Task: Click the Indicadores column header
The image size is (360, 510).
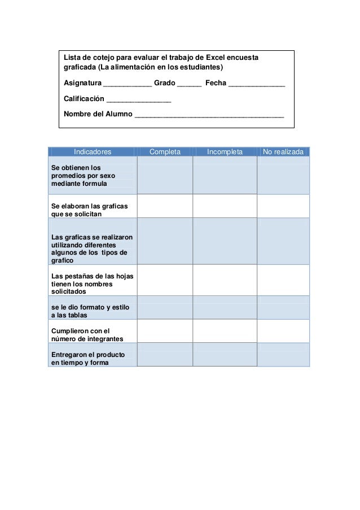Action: point(93,152)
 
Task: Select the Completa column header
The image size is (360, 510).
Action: point(165,152)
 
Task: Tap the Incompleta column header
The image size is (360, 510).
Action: point(225,152)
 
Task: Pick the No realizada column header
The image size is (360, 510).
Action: point(283,152)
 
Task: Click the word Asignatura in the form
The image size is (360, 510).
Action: point(82,84)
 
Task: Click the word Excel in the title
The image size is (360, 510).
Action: point(214,58)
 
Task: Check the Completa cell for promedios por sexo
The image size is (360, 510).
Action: point(165,175)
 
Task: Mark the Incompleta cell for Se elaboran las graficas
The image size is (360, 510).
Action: point(225,206)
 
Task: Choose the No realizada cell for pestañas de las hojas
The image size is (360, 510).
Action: point(283,280)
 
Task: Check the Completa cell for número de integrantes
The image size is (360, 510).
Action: point(165,331)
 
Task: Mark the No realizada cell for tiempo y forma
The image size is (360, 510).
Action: point(283,355)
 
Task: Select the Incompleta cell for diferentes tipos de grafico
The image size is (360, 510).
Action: point(225,241)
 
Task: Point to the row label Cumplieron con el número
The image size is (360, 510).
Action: point(87,334)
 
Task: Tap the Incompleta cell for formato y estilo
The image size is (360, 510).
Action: point(225,308)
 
